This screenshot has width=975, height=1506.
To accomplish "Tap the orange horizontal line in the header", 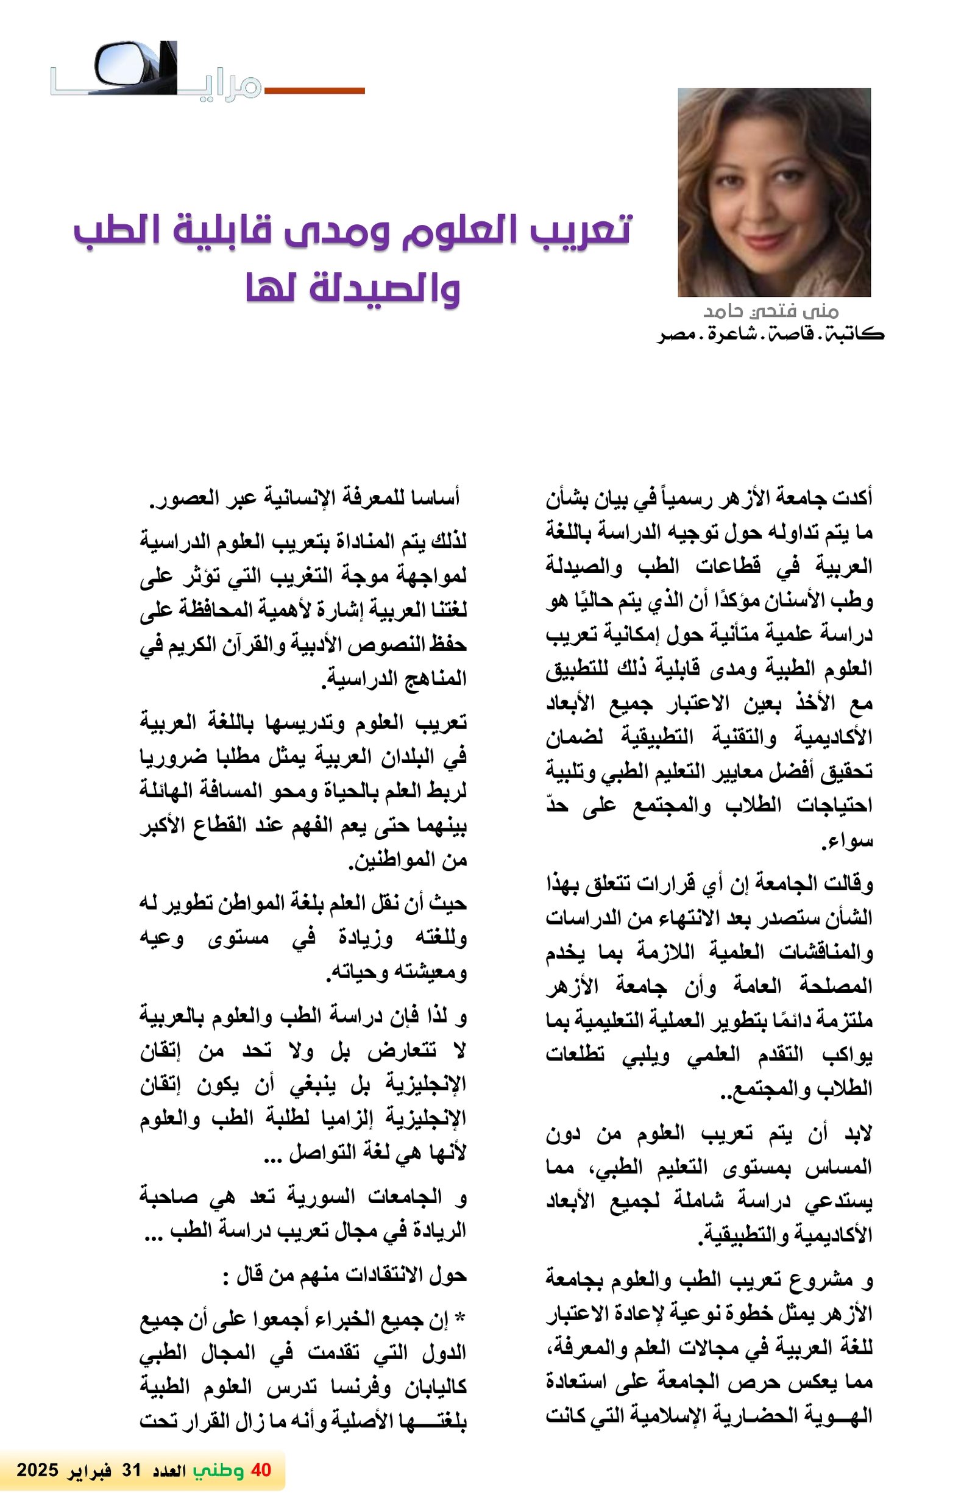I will (314, 90).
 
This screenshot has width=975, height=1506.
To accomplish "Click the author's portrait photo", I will (773, 192).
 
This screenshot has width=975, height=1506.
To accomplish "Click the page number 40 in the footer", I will (261, 1469).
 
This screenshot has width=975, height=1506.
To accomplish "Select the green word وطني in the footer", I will (218, 1469).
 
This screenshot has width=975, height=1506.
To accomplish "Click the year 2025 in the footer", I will (37, 1469).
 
